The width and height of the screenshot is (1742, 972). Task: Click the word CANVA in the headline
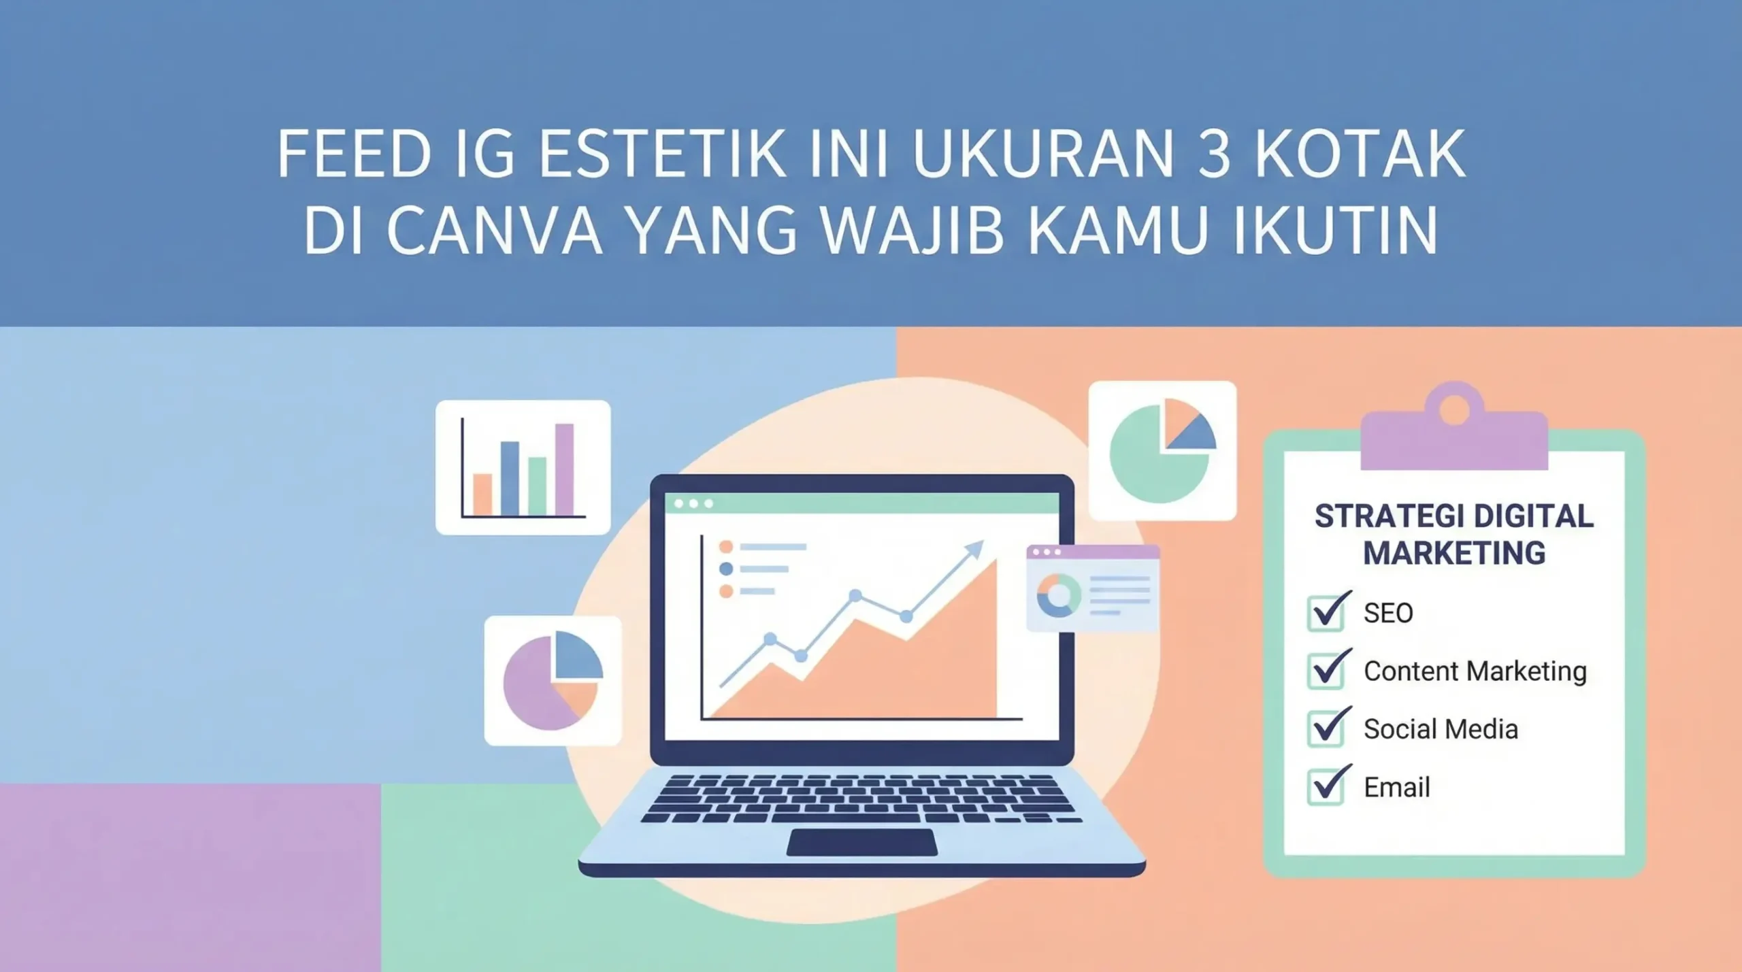click(494, 231)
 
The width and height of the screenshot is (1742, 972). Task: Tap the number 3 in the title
click(1213, 154)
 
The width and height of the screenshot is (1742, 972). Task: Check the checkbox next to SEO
click(1326, 613)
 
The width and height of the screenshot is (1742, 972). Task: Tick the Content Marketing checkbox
click(1326, 671)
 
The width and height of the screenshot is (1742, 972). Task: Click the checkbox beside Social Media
click(1326, 728)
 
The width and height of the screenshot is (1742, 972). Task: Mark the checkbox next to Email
click(1326, 787)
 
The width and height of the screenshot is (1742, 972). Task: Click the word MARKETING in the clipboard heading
click(1454, 553)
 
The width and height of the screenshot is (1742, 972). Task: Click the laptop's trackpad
click(861, 842)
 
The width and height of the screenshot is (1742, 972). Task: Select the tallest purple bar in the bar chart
click(564, 469)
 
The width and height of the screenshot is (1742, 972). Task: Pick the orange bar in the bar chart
click(482, 495)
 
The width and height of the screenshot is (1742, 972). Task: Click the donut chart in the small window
click(1058, 595)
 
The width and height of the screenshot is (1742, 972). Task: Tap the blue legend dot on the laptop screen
click(726, 569)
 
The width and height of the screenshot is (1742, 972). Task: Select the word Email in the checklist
click(1396, 788)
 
